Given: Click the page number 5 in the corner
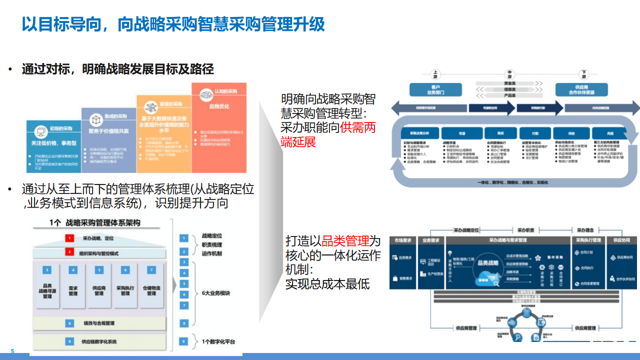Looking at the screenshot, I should coord(12,351).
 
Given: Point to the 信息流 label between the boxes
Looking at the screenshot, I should coord(509,88).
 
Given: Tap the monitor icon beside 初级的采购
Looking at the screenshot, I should coord(39,132).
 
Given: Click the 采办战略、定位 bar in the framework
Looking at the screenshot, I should coord(99,238).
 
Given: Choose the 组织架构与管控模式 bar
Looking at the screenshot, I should coord(99,253).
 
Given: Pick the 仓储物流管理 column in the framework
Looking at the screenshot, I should coord(151,290).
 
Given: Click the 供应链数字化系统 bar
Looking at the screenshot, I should coord(99,341).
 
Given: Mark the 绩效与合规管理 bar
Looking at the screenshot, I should coord(99,323).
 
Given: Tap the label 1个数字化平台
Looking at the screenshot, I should coord(218,341).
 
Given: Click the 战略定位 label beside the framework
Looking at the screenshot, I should coord(212,235).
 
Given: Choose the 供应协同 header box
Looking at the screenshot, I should coord(621,240).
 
